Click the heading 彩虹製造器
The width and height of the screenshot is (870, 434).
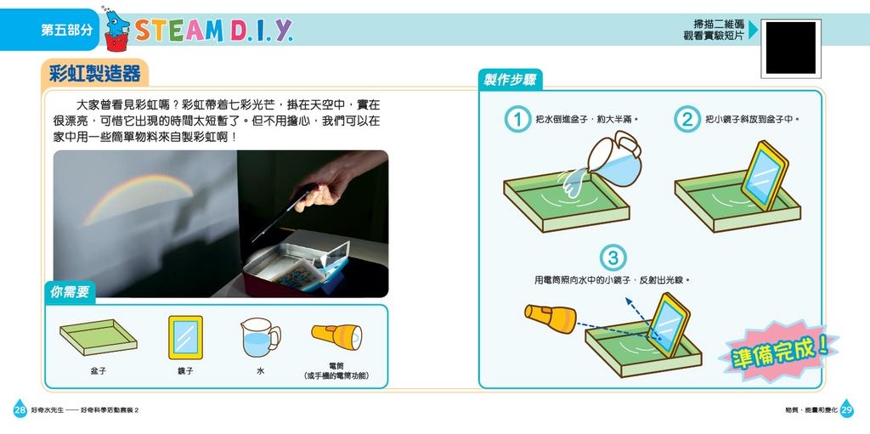pyautogui.click(x=95, y=74)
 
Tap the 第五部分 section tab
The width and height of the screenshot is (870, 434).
pyautogui.click(x=66, y=30)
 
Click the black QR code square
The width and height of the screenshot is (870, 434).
pyautogui.click(x=790, y=48)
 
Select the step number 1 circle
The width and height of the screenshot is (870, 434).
pyautogui.click(x=516, y=120)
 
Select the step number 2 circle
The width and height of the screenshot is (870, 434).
pyautogui.click(x=686, y=120)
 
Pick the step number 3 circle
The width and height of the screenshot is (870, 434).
pyautogui.click(x=613, y=257)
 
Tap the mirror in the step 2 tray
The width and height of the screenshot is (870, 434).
pyautogui.click(x=765, y=175)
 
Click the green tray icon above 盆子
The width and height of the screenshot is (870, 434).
pyautogui.click(x=99, y=337)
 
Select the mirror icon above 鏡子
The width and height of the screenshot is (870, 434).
pyautogui.click(x=185, y=337)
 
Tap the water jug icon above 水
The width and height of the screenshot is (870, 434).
pyautogui.click(x=259, y=337)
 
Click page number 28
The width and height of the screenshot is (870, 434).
pyautogui.click(x=20, y=409)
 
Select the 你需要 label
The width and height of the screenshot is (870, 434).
pyautogui.click(x=70, y=292)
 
